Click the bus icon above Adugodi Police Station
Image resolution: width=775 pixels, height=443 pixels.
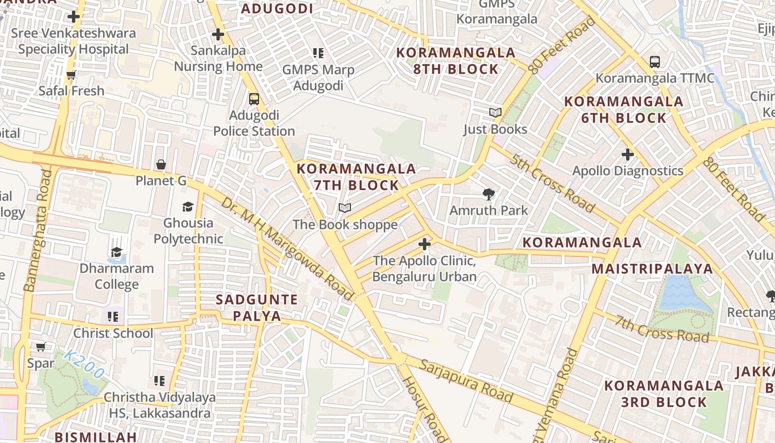click(x=254, y=99)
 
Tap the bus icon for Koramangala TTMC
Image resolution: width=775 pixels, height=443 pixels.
click(x=655, y=61)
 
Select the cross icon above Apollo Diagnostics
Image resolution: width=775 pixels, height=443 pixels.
click(x=627, y=154)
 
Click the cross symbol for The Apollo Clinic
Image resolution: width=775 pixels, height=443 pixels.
click(x=424, y=244)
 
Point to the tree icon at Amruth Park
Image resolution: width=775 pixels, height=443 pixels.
click(x=488, y=194)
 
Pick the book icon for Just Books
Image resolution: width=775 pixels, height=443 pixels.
click(x=495, y=112)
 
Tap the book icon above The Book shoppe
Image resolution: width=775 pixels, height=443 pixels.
click(x=345, y=208)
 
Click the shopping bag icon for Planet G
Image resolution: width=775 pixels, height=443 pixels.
click(x=161, y=164)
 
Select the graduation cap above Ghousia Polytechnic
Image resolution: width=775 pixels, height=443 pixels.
click(x=188, y=207)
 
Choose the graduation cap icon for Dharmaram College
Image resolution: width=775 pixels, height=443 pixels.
click(x=116, y=252)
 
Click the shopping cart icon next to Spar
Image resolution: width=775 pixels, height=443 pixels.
click(x=40, y=347)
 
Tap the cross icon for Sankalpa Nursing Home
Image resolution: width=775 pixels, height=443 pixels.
click(x=218, y=34)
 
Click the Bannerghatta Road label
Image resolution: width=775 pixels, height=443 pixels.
click(x=38, y=230)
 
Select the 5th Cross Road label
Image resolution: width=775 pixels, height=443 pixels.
click(x=552, y=184)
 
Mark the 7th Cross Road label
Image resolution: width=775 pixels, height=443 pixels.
click(x=662, y=329)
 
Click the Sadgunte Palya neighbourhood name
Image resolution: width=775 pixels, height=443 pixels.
click(x=257, y=308)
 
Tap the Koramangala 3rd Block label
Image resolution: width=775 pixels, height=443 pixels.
click(x=664, y=394)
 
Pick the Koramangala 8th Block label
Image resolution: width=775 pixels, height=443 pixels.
click(x=456, y=61)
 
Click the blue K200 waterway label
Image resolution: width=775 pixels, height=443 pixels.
click(x=84, y=364)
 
